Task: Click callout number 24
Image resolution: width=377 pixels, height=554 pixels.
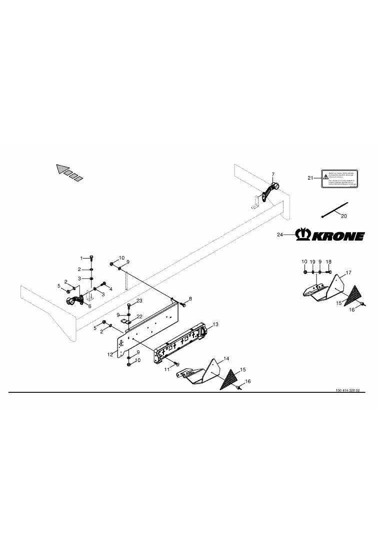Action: click(x=279, y=234)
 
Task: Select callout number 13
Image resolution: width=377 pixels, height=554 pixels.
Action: click(x=216, y=324)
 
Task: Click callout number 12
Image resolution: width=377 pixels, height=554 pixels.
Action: click(x=110, y=354)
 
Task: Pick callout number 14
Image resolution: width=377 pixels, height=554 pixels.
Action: click(x=226, y=358)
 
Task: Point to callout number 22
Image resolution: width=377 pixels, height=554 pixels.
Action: click(x=140, y=316)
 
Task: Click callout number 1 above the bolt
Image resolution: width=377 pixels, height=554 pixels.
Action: click(x=82, y=258)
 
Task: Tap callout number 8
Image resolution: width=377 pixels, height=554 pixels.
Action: click(x=190, y=298)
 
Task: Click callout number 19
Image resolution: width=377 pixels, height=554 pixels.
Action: click(x=312, y=262)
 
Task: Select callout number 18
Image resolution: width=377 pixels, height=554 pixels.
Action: click(x=328, y=262)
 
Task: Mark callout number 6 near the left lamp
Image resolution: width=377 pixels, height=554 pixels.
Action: click(x=89, y=306)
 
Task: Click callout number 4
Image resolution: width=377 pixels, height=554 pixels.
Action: click(x=110, y=288)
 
